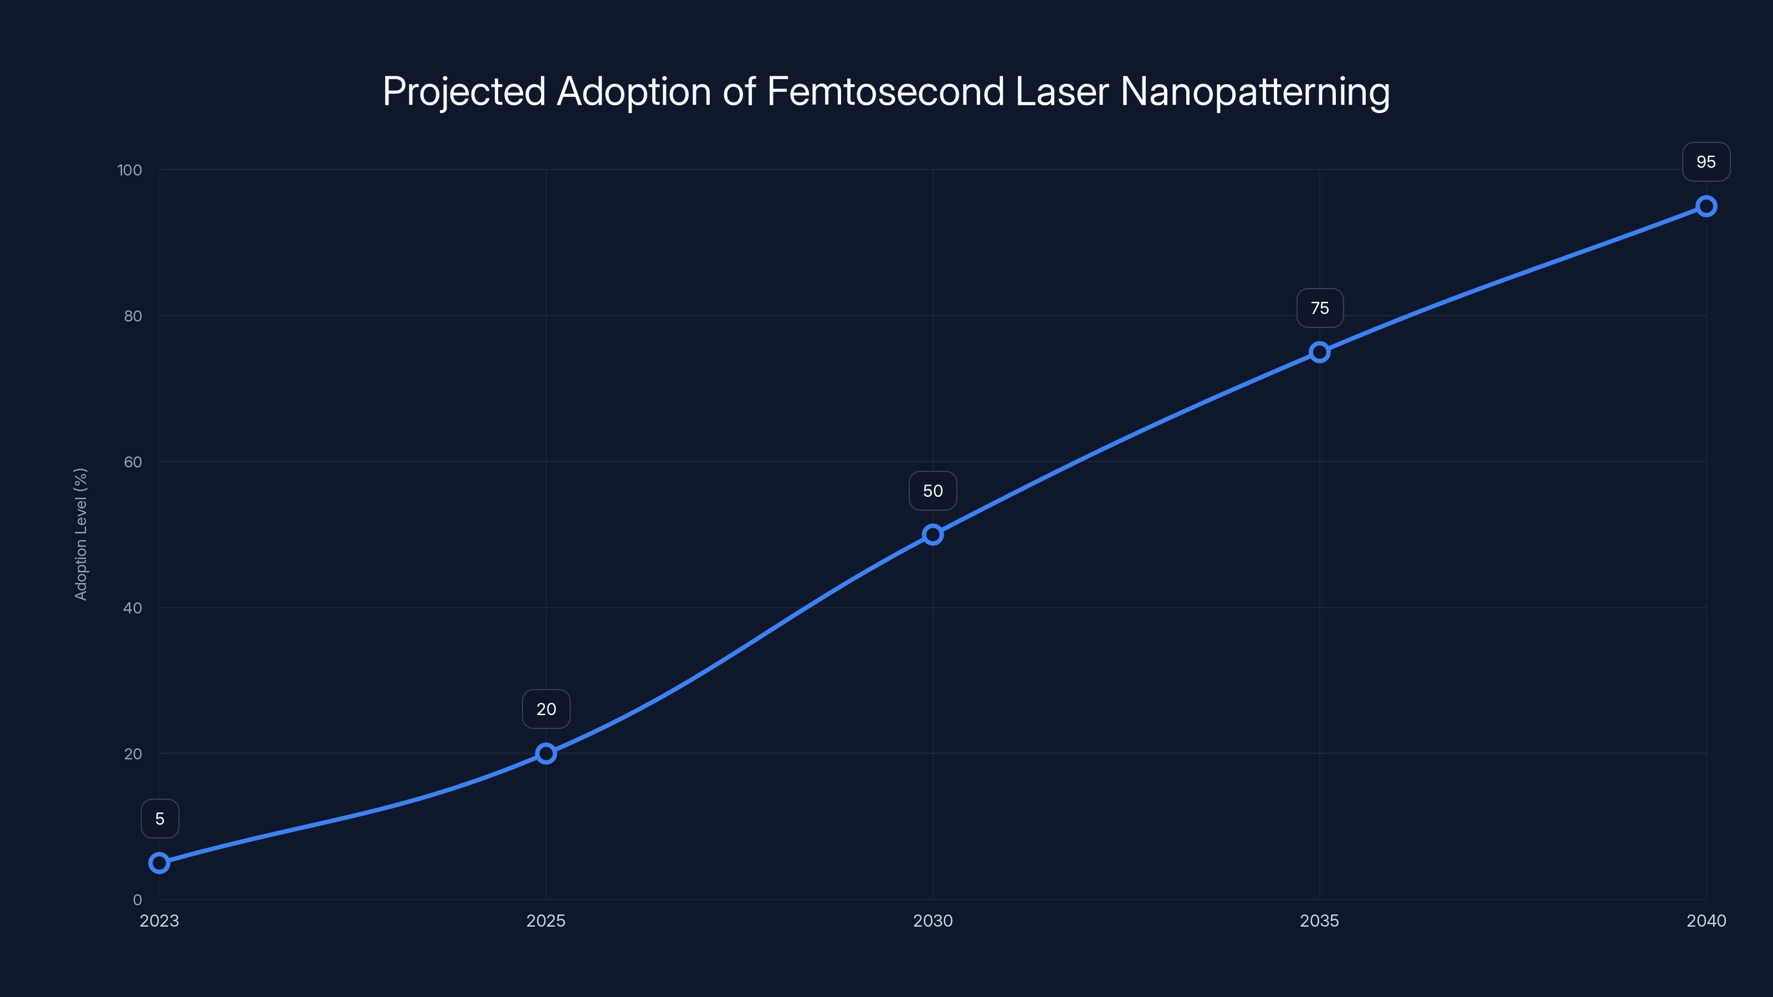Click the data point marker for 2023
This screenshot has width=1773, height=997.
tap(159, 863)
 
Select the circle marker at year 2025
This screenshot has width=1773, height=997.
tap(546, 753)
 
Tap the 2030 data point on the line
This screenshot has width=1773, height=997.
tap(932, 535)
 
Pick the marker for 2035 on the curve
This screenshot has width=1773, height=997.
tap(1319, 352)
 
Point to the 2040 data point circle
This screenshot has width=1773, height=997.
tap(1707, 207)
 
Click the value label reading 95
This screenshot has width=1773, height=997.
tap(1707, 162)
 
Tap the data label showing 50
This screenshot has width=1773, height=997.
tap(932, 491)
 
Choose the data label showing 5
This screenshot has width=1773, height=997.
tap(160, 819)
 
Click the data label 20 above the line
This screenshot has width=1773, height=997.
tap(546, 710)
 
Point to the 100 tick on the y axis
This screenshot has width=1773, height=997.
tap(130, 170)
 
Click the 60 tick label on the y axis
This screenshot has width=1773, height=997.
tap(133, 462)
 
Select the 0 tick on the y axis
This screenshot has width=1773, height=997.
tap(137, 900)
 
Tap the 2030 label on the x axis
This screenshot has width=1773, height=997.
tap(932, 921)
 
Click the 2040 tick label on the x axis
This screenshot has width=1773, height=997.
tap(1707, 921)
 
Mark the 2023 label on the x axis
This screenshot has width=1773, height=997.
tap(159, 921)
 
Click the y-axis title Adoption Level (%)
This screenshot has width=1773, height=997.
tap(80, 535)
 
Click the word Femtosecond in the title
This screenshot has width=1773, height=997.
tap(885, 91)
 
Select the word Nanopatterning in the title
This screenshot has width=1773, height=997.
tap(1255, 91)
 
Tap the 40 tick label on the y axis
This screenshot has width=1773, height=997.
tap(133, 608)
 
